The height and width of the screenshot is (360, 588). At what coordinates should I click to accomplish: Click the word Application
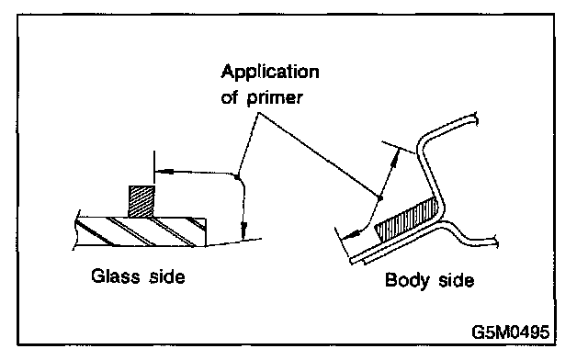pos(270,73)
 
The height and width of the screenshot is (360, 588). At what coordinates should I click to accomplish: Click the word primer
pos(275,98)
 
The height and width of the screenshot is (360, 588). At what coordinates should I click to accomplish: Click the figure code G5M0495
pos(511,332)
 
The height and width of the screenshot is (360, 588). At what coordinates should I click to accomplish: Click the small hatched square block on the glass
pos(141,201)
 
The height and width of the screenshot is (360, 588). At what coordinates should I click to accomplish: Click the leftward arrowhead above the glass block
pos(164,172)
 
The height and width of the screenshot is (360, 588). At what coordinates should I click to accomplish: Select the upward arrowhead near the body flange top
pos(393,157)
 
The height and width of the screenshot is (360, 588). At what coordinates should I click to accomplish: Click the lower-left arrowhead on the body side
pos(351,235)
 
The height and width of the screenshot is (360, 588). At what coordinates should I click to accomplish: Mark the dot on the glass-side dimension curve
pos(237,176)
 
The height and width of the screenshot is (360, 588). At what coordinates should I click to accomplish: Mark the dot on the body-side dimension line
pos(379,197)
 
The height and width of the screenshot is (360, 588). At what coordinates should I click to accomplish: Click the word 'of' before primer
pos(230,97)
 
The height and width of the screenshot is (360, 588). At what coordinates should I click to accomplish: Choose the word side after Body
pos(456,280)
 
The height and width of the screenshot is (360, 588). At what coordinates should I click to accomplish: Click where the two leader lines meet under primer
pos(258,113)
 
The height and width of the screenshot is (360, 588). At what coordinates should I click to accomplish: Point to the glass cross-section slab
pos(140,231)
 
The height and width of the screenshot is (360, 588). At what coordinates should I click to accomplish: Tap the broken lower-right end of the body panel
pos(496,242)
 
